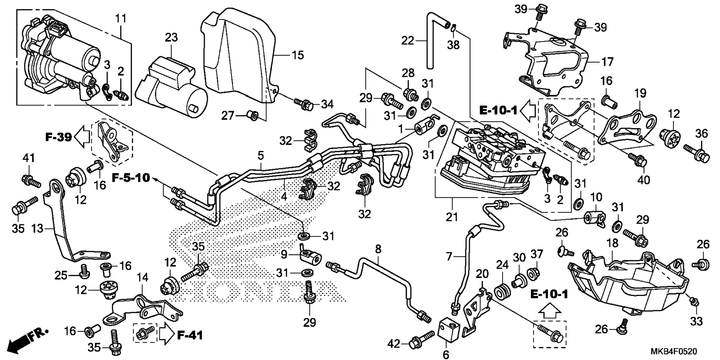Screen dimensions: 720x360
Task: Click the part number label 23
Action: (171, 37)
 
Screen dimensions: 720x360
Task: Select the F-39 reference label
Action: (58, 137)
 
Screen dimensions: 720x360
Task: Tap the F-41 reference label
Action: (190, 334)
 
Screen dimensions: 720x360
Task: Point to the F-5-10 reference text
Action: (131, 177)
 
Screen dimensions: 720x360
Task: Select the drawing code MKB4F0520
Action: (674, 351)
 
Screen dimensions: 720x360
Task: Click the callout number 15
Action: (298, 55)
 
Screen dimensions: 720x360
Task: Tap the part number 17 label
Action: (607, 61)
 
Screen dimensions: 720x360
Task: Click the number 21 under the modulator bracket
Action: (452, 217)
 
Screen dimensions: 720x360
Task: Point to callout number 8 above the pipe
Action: (378, 249)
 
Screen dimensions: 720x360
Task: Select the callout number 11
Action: (121, 18)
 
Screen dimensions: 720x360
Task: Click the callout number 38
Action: (453, 45)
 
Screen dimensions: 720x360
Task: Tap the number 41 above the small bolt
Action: (28, 158)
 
